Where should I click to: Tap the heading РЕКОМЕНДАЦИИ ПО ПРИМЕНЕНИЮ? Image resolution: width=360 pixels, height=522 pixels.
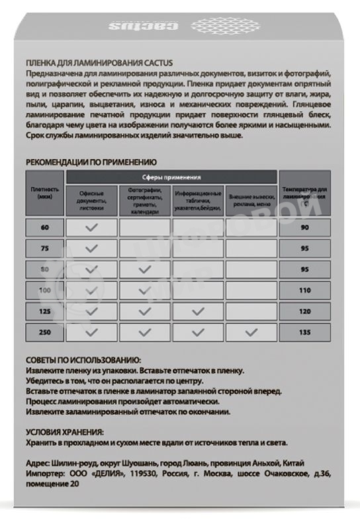tap(91, 161)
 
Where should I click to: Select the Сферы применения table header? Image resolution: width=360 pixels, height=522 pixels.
tap(171, 177)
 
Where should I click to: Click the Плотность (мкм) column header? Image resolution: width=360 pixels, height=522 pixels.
tap(44, 193)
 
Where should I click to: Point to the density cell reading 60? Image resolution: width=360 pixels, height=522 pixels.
tap(44, 228)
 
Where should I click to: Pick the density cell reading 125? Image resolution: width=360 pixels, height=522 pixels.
tap(44, 311)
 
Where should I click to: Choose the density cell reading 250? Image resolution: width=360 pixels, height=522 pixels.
tap(44, 332)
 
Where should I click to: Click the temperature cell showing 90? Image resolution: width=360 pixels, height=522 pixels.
tap(305, 228)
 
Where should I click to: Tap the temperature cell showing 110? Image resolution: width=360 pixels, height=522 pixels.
tap(305, 290)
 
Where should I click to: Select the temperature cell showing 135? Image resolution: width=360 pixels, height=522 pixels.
tap(305, 332)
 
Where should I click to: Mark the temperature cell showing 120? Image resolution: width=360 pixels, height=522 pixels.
tap(305, 311)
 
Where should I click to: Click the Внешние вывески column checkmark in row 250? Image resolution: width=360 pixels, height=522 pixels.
tap(251, 332)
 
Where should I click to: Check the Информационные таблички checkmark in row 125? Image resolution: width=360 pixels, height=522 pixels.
tap(198, 311)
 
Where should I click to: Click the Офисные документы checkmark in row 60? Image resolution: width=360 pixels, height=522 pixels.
tap(91, 228)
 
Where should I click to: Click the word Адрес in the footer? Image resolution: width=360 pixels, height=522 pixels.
tap(38, 462)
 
